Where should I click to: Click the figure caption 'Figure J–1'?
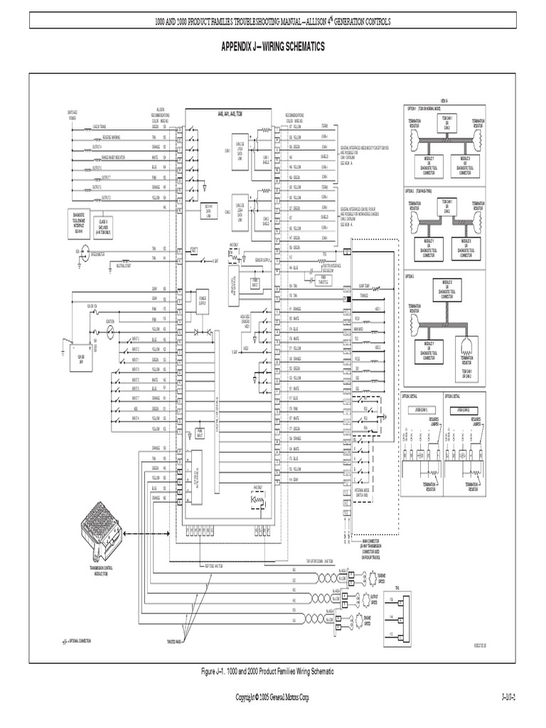pyautogui.click(x=273, y=671)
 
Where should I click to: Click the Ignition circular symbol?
pyautogui.click(x=109, y=328)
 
